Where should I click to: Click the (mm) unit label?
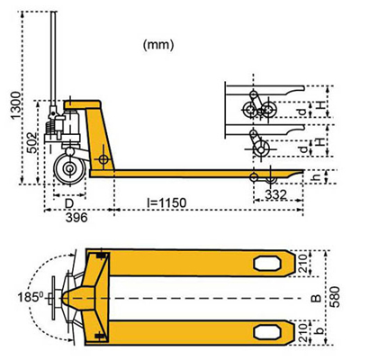tap(158, 43)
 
